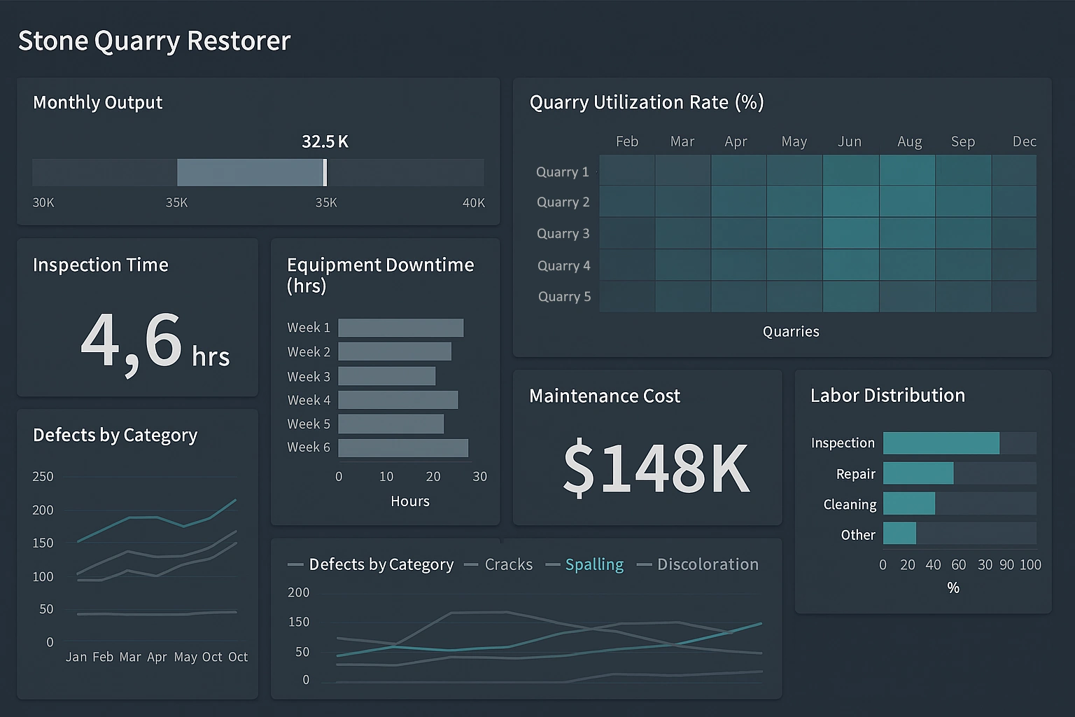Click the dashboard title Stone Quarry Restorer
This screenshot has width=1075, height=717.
tap(154, 41)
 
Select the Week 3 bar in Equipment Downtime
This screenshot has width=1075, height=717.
tap(386, 376)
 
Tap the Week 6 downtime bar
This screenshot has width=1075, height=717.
tap(403, 448)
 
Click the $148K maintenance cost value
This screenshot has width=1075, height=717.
tap(656, 467)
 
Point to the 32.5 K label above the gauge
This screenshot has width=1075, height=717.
tap(325, 141)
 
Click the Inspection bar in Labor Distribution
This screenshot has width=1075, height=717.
tap(941, 443)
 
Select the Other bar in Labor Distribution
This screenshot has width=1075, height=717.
tap(899, 534)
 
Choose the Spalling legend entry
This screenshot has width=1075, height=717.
tap(593, 564)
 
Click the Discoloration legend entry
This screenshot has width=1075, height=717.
tap(707, 564)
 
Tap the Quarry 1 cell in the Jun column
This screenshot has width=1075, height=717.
tap(850, 170)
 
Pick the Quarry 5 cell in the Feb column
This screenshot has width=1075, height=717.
tap(627, 297)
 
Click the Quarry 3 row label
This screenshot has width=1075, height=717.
tap(563, 234)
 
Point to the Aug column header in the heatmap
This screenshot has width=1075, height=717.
tap(909, 141)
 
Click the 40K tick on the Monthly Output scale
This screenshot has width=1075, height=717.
tap(473, 203)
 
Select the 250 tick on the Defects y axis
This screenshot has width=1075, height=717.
tap(43, 476)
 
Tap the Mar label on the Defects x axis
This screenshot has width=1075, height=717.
tap(130, 657)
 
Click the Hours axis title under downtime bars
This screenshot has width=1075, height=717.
tap(410, 501)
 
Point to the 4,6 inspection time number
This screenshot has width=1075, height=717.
tap(132, 341)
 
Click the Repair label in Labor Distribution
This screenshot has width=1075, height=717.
tap(855, 474)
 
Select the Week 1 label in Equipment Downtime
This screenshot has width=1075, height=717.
tap(308, 328)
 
